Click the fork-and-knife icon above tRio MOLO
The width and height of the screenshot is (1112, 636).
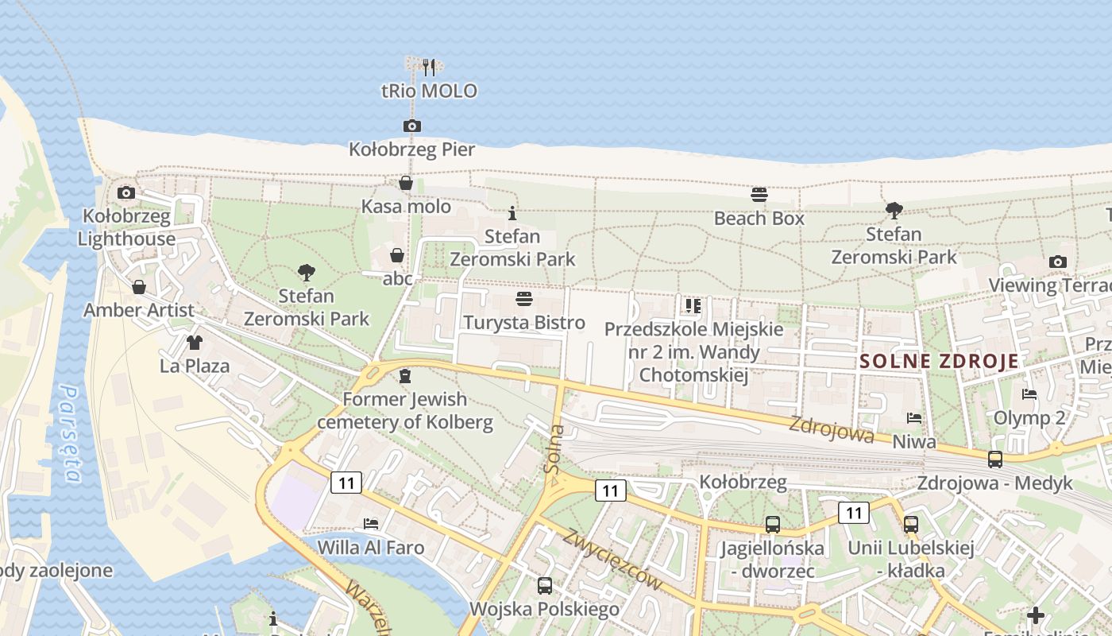click(429, 67)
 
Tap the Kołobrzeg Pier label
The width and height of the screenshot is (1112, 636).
click(411, 149)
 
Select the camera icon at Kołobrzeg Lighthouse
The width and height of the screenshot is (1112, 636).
click(125, 192)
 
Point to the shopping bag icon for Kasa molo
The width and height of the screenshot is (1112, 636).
click(406, 184)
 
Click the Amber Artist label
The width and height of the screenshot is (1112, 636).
click(138, 310)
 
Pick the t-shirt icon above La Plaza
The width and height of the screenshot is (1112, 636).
click(194, 343)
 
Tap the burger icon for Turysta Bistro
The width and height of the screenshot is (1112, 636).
click(523, 299)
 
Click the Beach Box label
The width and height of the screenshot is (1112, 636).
click(759, 218)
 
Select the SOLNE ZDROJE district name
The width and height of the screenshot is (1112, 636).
click(939, 362)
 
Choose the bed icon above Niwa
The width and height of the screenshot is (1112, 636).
click(914, 417)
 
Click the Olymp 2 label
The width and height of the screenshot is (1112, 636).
click(1029, 418)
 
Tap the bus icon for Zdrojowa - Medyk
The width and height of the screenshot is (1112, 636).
click(994, 459)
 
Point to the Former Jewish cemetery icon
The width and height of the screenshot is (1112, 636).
click(405, 375)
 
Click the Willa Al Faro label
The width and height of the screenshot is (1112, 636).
click(370, 548)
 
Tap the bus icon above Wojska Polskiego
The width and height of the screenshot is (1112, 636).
click(544, 586)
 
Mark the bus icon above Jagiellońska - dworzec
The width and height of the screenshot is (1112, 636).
click(772, 525)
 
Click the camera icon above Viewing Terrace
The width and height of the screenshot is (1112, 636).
click(1057, 262)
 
